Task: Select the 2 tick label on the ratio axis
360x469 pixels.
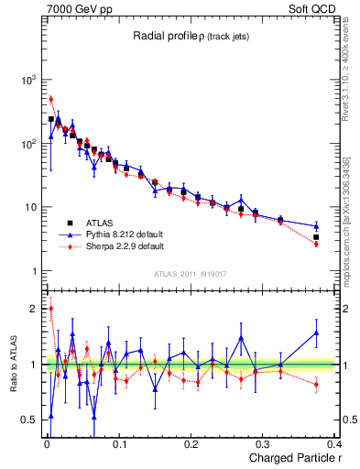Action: point(34,309)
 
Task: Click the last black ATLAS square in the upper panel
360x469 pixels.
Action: point(316,237)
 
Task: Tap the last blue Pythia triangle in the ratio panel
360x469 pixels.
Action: point(316,333)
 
